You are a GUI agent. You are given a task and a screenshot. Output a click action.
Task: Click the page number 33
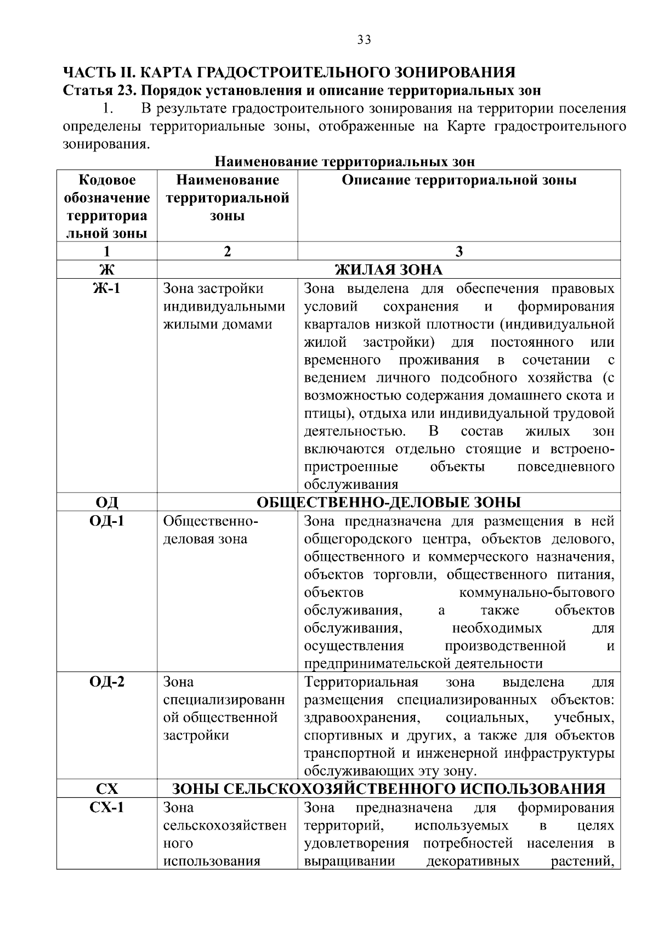[x=364, y=40]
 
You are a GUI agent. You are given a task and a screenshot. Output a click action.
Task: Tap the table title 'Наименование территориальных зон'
[x=344, y=162]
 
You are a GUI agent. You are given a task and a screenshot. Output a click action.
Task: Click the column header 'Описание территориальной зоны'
[x=459, y=180]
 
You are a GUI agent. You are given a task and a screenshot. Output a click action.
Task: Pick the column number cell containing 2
[x=227, y=251]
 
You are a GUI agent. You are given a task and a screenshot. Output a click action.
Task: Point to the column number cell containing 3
[x=459, y=251]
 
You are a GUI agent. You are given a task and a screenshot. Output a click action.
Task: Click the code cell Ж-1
[x=106, y=289]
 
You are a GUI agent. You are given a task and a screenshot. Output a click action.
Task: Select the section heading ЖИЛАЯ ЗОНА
[x=388, y=270]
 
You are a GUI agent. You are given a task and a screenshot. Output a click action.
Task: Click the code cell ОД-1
[x=106, y=521]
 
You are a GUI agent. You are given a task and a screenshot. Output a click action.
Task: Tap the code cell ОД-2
[x=106, y=682]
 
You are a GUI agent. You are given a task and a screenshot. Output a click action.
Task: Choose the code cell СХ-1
[x=106, y=808]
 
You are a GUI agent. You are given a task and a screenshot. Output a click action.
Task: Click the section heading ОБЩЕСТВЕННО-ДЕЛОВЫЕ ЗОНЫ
[x=388, y=503]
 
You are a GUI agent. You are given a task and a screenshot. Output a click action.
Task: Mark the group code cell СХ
[x=106, y=789]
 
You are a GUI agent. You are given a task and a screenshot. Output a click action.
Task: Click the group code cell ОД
[x=106, y=503]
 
